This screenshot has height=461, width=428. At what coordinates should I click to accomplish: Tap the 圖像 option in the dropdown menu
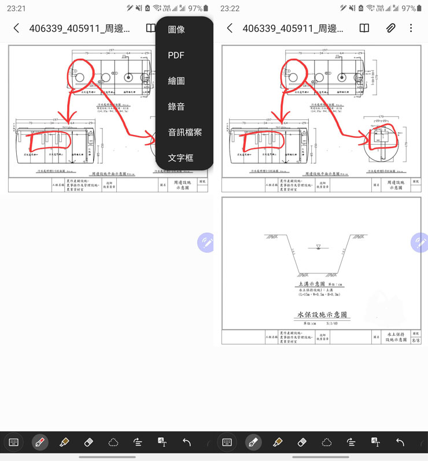[x=176, y=30]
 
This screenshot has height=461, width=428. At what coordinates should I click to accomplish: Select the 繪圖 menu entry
[x=176, y=81]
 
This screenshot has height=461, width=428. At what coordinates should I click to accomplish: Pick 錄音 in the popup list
[x=176, y=107]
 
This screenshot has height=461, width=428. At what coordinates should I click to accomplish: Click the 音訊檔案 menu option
[x=185, y=132]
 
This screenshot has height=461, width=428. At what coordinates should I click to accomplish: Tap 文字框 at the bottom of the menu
[x=180, y=158]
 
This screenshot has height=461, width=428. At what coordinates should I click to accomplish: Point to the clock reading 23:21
[x=17, y=8]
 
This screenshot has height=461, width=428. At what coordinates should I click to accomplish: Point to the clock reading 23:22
[x=230, y=8]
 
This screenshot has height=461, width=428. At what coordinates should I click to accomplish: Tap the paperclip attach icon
[x=391, y=28]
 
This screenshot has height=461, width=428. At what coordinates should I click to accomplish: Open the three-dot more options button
[x=411, y=28]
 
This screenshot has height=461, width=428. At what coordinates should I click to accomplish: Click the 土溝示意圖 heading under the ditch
[x=311, y=284]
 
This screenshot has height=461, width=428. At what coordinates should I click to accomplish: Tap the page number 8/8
[x=415, y=341]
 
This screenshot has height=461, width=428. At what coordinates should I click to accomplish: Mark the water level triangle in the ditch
[x=319, y=247]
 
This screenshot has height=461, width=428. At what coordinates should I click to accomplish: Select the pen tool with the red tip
[x=40, y=442]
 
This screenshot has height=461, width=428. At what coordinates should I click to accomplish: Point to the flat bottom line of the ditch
[x=319, y=273]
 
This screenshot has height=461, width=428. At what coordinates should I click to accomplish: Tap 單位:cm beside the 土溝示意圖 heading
[x=335, y=285]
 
